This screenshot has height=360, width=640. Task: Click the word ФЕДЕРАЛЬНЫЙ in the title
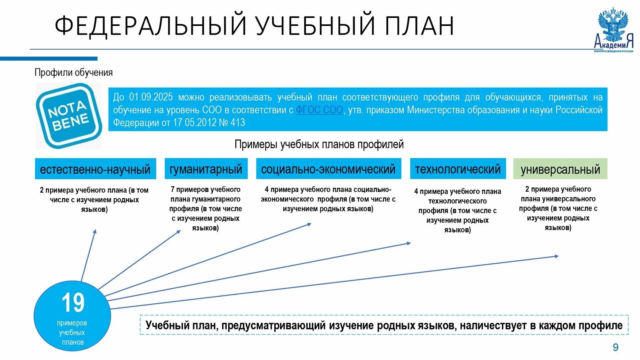pos(150,26)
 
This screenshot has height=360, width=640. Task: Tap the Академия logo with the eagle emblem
pos(613,30)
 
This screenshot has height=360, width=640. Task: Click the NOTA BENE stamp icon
pos(69,115)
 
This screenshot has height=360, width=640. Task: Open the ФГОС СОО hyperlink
pos(319,110)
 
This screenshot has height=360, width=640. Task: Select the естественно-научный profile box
pos(95,169)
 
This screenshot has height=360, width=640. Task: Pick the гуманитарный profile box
pos(206,169)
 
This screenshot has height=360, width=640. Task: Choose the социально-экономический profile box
pos(328,169)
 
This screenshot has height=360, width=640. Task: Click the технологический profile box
pos(458,169)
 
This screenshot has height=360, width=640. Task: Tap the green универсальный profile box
pos(560,169)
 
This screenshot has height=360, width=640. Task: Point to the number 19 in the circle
pos(73,303)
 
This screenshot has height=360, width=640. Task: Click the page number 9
pos(615,347)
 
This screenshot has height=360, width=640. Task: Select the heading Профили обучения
pos(74,72)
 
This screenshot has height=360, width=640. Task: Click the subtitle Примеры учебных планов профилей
pos(319,144)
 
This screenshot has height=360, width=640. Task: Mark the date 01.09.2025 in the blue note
pos(151,97)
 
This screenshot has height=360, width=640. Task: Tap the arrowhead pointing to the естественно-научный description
pos(95,231)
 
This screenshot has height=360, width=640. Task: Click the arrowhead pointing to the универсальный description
pos(557,256)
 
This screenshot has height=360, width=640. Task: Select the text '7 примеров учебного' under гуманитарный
pos(205,189)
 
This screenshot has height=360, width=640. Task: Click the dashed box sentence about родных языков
pos(384,325)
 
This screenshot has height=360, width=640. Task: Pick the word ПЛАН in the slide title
pos(419,26)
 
